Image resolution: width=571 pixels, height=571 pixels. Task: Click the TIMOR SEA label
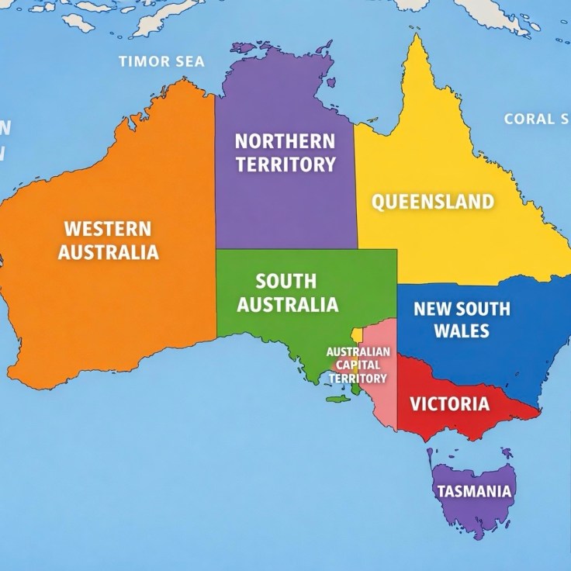(161, 61)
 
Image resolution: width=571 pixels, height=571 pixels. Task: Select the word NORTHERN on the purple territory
(285, 141)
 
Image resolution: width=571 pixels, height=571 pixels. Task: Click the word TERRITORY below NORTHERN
(285, 164)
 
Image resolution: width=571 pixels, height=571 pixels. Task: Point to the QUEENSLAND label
(433, 202)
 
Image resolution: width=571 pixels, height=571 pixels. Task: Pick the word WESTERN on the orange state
(108, 229)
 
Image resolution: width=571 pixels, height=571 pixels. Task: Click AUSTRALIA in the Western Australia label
(108, 252)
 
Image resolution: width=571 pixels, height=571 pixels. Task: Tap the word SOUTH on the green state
(286, 281)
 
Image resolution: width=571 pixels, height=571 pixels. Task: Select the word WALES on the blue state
(462, 330)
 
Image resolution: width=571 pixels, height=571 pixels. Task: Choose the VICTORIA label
(449, 403)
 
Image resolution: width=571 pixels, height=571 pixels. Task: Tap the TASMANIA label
(474, 491)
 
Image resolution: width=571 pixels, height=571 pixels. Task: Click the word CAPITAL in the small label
(357, 365)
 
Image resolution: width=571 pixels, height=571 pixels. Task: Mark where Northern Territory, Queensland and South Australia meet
(356, 249)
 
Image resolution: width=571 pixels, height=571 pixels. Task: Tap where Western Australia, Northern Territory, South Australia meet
(216, 249)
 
